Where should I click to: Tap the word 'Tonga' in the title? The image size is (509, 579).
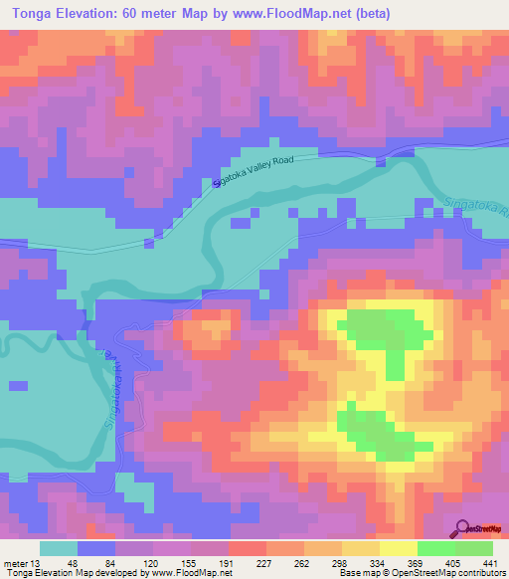point(30,14)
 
